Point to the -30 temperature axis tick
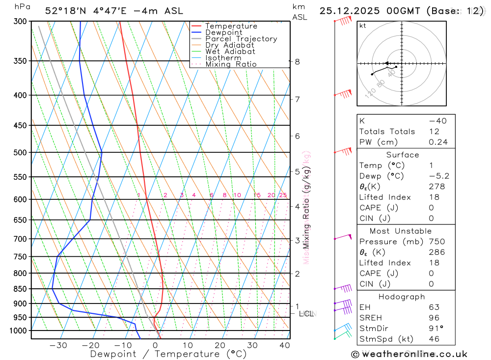pos(58,345)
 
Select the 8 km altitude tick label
pos(297,61)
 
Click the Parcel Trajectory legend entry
pos(241,39)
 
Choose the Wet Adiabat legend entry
pos(230,52)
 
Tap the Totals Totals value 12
pos(433,131)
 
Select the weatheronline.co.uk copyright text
pos(409,354)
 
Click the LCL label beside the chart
pos(306,313)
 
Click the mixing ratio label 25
pos(283,195)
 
